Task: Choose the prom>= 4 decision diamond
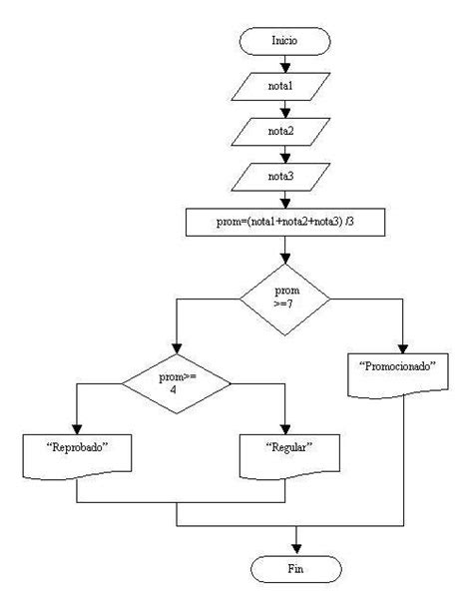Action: (176, 381)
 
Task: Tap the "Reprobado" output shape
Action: (77, 452)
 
